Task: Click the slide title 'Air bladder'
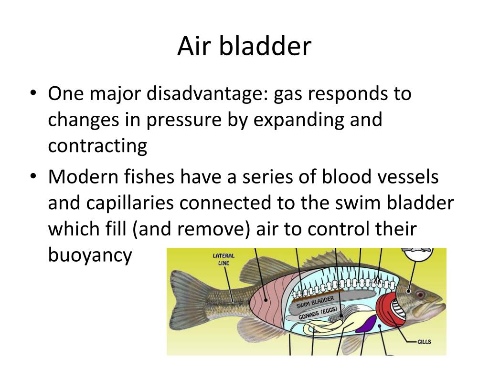tap(244, 47)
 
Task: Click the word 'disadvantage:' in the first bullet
tap(207, 93)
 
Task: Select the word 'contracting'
tap(97, 146)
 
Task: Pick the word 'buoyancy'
tap(90, 255)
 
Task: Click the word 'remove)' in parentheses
tap(216, 230)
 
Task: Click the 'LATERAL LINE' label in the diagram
tap(223, 260)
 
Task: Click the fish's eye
tap(420, 294)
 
